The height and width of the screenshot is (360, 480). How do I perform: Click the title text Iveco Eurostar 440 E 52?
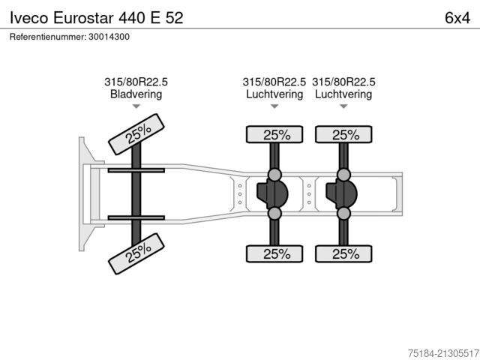click(95, 17)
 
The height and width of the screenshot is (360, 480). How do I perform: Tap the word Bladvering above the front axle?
click(136, 94)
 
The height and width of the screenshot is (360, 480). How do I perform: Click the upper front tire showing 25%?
click(136, 134)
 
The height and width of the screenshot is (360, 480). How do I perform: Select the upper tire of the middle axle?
click(274, 135)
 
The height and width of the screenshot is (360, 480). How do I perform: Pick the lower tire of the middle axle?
click(274, 253)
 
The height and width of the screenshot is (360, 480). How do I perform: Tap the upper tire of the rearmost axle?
click(343, 135)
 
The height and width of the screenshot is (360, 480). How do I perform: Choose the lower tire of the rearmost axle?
click(343, 253)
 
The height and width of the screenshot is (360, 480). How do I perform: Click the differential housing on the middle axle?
click(273, 194)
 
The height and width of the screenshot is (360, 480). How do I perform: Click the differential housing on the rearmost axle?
click(342, 194)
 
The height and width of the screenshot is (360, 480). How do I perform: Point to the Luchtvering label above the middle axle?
click(274, 94)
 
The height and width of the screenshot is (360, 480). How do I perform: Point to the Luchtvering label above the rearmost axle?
click(343, 94)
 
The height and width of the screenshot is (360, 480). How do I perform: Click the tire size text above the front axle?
click(136, 82)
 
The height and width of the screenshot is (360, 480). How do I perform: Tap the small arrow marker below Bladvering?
click(136, 106)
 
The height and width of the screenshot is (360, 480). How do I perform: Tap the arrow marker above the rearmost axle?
click(343, 106)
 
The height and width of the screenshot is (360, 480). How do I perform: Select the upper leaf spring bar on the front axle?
click(136, 171)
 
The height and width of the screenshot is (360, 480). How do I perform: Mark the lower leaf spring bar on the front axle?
click(136, 217)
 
